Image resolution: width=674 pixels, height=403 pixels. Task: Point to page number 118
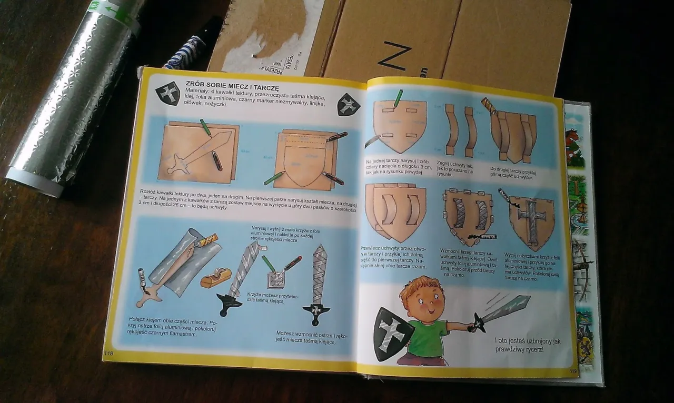point(110,352)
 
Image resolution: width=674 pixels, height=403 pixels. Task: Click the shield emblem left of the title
point(167,94)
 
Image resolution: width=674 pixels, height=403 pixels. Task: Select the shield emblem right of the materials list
point(348,105)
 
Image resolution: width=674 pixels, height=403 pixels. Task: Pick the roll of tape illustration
point(216,277)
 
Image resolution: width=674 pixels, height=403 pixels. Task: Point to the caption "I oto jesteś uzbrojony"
point(527,345)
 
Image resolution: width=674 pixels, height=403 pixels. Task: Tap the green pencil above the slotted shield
point(398,98)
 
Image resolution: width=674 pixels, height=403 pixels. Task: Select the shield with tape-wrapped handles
point(468,216)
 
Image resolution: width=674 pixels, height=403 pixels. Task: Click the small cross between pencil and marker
point(276,279)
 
